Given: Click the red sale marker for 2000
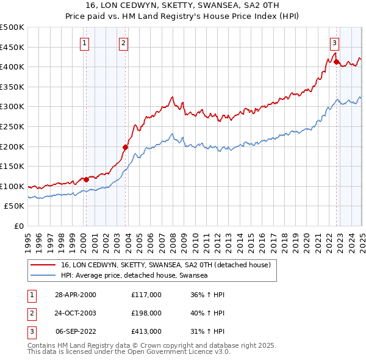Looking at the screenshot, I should (x=87, y=179).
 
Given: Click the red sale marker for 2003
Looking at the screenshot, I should (x=126, y=147).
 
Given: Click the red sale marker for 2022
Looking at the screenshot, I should (x=336, y=61).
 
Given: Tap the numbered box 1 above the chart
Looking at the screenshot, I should (x=84, y=43).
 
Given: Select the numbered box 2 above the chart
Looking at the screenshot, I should (x=123, y=43).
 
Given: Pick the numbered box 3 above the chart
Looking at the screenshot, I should (x=335, y=43).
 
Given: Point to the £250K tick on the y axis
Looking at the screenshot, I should (x=13, y=126).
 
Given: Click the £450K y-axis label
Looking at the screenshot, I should (x=13, y=47).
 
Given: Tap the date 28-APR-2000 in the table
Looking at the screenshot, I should (x=75, y=295).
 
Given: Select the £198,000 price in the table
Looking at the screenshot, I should (x=146, y=313).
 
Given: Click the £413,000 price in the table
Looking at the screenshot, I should (x=146, y=331).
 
